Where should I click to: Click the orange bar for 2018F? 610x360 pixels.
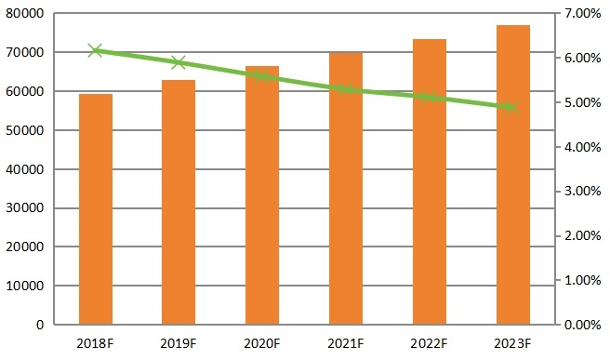tap(95, 209)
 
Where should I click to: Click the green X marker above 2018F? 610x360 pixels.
tap(95, 50)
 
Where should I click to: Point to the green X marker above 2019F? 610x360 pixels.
tap(179, 63)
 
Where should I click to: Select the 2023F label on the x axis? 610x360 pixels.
tap(513, 343)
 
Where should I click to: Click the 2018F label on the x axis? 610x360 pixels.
tap(95, 343)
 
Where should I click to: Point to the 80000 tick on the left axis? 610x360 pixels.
tap(26, 14)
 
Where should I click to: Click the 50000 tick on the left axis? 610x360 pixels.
tap(26, 130)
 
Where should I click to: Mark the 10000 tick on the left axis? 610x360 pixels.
tap(26, 286)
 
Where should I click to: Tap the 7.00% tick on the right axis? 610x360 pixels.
tap(583, 14)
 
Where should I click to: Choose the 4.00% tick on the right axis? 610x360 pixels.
tap(583, 147)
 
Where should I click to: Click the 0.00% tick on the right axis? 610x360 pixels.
tap(583, 325)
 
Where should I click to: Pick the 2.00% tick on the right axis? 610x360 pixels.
tap(583, 235)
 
